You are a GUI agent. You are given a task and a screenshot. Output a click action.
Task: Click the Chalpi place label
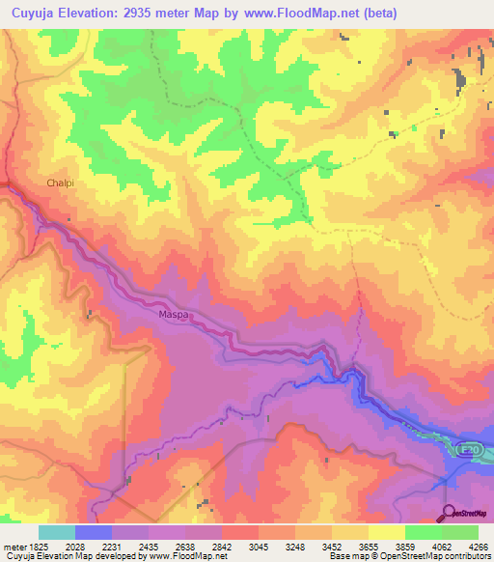[60, 182]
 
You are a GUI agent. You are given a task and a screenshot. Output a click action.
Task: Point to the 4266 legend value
[479, 546]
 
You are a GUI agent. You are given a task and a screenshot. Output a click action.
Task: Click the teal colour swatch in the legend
[57, 532]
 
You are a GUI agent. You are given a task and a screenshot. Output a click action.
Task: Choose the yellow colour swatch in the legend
[386, 532]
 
